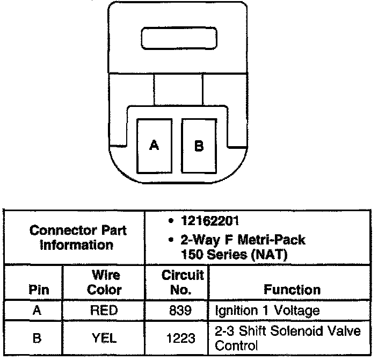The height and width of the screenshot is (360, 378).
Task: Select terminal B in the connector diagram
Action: pyautogui.click(x=199, y=145)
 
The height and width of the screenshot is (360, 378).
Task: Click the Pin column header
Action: pyautogui.click(x=38, y=290)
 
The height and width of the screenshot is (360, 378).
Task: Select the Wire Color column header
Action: pyautogui.click(x=105, y=283)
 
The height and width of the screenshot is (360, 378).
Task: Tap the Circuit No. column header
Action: pyautogui.click(x=183, y=283)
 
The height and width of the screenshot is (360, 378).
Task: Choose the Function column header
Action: pyautogui.click(x=292, y=290)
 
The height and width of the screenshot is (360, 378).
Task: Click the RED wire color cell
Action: pyautogui.click(x=105, y=310)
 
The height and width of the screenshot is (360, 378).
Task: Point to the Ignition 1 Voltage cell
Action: pyautogui.click(x=267, y=310)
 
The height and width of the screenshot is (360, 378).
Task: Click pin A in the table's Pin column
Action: pyautogui.click(x=38, y=310)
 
